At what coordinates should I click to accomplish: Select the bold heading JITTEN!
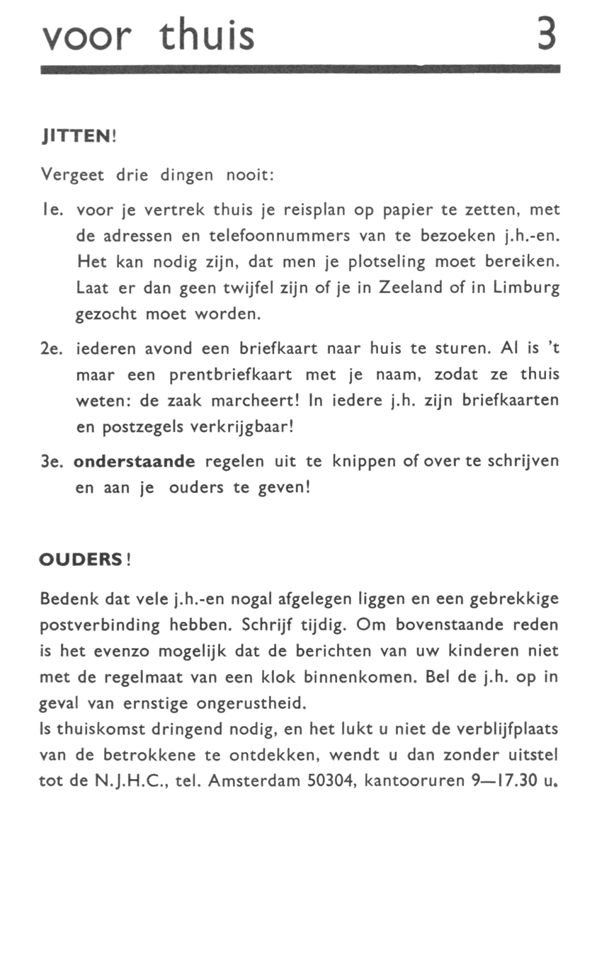pos(78,135)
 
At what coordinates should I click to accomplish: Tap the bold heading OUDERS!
pos(86,559)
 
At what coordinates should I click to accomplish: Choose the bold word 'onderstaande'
pos(134,462)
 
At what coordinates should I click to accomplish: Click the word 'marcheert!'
pos(259,400)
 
